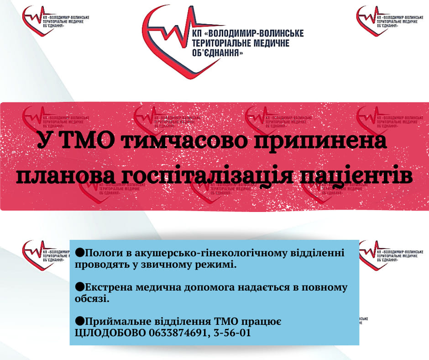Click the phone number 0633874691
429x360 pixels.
coord(178,333)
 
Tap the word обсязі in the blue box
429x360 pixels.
coord(92,299)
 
